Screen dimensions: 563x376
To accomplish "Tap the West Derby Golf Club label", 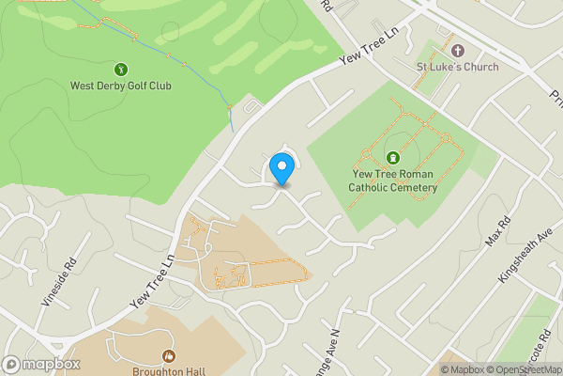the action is (x=121, y=86).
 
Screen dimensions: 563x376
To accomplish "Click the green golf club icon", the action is (x=121, y=69).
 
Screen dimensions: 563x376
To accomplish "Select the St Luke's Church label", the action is (x=458, y=67).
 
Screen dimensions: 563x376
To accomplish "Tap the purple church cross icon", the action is (x=458, y=51).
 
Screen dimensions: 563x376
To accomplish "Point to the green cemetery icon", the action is (x=392, y=158).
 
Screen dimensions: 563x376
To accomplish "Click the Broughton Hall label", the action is (x=169, y=370).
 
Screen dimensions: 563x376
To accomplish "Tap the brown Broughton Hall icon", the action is (x=169, y=355).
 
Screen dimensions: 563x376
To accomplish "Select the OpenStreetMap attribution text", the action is (x=528, y=369).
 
